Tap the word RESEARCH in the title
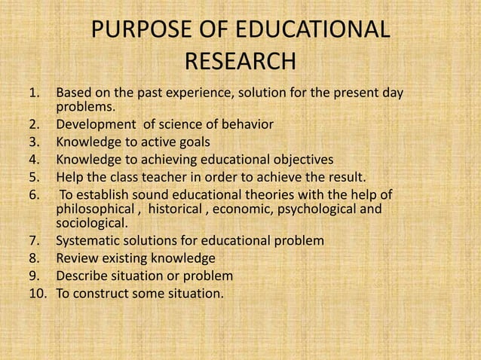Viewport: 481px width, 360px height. [240, 61]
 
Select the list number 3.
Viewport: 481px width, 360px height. [33, 141]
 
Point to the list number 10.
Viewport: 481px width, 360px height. [37, 293]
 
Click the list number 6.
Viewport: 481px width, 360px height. [33, 194]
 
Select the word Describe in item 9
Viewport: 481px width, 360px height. [82, 276]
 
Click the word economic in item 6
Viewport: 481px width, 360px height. [244, 209]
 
